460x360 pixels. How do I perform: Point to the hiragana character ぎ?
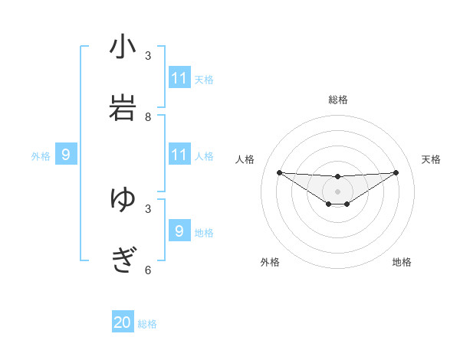123,260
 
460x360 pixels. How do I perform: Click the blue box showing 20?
123,322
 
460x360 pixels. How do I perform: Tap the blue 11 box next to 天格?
179,78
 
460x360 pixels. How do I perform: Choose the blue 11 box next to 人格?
179,155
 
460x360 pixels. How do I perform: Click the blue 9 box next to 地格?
179,231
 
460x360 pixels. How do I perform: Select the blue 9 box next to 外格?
66,155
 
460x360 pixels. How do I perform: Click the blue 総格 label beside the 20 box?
147,324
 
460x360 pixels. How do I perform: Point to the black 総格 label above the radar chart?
337,100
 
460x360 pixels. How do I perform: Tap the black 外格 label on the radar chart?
270,262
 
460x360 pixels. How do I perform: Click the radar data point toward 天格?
396,172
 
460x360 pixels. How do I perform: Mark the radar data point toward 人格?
279,172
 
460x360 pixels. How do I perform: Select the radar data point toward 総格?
337,177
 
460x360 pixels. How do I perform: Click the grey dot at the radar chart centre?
337,191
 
